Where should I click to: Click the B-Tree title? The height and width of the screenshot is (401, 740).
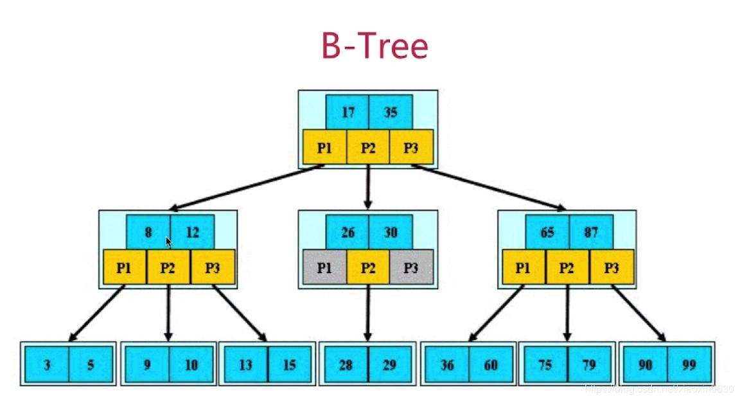point(374,46)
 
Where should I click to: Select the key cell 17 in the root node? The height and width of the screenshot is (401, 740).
point(348,112)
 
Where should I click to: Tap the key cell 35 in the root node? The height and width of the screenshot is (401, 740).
point(391,112)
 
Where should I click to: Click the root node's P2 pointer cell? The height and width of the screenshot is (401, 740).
point(368,147)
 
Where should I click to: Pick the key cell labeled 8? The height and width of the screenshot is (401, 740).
point(148,232)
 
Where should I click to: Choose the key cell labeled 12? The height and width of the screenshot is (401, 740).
point(192,232)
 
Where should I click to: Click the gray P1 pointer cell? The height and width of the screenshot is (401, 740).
point(324,267)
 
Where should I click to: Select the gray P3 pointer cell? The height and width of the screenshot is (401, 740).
point(411,267)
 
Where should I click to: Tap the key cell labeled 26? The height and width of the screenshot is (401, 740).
point(348,232)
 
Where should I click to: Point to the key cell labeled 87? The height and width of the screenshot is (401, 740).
point(591,232)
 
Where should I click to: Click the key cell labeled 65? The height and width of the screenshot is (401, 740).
point(547,232)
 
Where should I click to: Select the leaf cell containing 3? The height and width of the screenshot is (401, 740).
point(47,365)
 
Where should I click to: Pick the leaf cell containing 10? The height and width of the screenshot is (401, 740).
point(191,365)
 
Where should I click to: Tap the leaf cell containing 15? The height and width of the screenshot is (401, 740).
point(290,365)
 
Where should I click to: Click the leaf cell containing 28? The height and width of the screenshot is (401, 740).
point(346,365)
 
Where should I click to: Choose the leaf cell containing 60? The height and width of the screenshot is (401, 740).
point(491,365)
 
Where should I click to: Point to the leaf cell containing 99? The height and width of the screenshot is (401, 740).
point(689,365)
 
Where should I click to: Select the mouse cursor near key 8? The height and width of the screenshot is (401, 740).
point(169,242)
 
